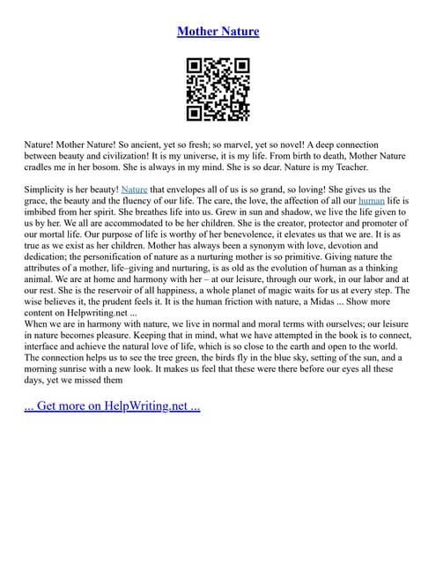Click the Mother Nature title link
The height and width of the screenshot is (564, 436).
(x=218, y=32)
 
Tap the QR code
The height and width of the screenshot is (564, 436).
(x=218, y=89)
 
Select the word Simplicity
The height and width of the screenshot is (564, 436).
(x=48, y=189)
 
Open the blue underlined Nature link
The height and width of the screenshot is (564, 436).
(x=134, y=189)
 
